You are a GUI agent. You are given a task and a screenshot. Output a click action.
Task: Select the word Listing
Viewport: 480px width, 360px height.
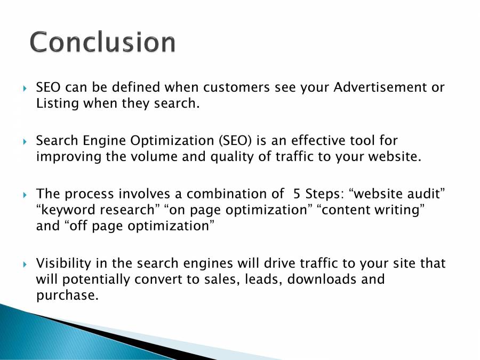(57, 103)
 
